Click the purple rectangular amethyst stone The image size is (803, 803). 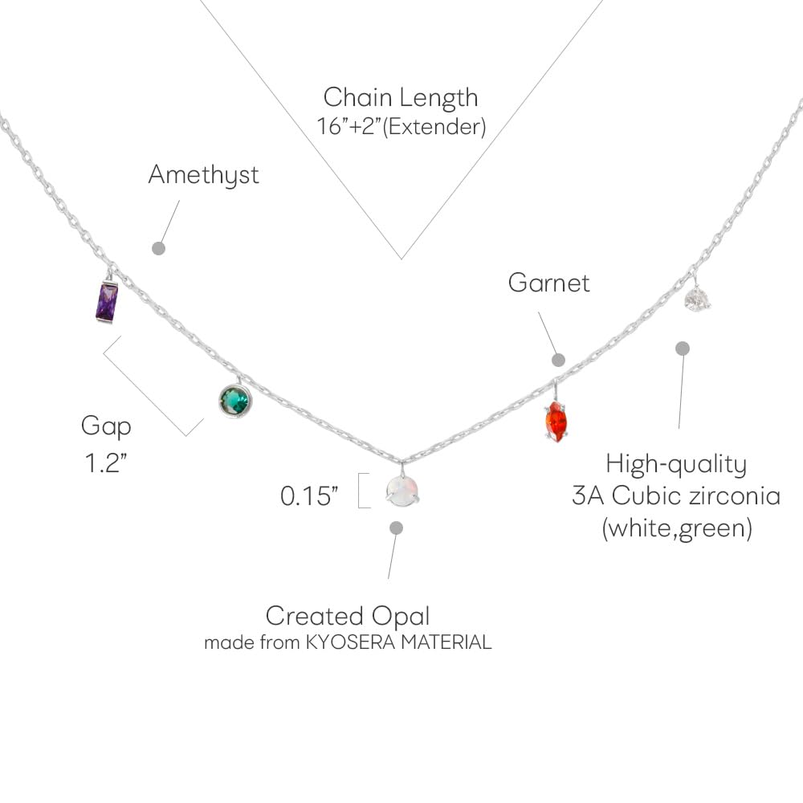tap(107, 302)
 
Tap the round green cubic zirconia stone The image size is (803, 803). tap(234, 401)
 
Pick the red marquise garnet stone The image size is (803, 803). tap(556, 422)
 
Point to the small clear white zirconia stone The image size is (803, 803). tap(696, 300)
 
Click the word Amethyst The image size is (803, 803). tap(203, 175)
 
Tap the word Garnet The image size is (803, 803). tap(549, 283)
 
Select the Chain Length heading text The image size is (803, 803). tap(401, 97)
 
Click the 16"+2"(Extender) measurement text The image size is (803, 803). tap(401, 127)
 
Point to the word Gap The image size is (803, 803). tap(106, 426)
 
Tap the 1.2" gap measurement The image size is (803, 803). tap(107, 464)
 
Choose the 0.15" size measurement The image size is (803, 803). tap(306, 496)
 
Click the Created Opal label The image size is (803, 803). tap(348, 616)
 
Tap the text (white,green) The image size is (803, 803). tap(676, 529)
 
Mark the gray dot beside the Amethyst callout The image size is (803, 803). tap(159, 248)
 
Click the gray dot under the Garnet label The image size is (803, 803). tap(559, 360)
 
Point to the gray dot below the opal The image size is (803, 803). tap(396, 528)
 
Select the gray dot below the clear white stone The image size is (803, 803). tap(683, 349)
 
